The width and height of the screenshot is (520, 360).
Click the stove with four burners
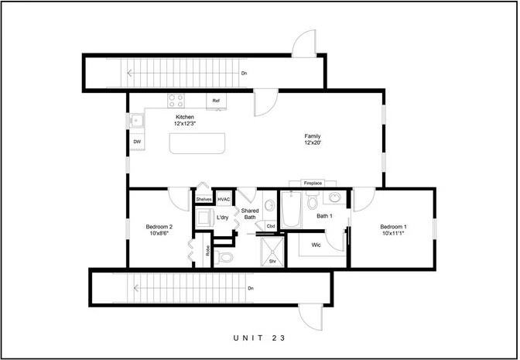point(176,99)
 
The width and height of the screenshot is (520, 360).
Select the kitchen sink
point(136,120)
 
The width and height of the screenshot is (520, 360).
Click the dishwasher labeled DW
point(137,142)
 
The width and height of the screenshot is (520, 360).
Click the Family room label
point(312,140)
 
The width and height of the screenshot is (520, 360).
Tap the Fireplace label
point(313,183)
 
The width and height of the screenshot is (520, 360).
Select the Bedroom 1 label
point(393,231)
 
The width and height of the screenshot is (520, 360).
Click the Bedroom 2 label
point(159,231)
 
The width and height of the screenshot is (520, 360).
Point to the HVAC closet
point(224,199)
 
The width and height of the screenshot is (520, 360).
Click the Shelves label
point(204,199)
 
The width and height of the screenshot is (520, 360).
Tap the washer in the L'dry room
point(204,218)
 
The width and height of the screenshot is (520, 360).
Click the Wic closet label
point(316,245)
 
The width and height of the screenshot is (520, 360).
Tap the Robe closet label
point(207,251)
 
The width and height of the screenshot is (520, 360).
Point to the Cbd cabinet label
point(271,226)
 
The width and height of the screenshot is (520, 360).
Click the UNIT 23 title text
point(259,338)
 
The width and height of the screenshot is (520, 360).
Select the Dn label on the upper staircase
point(245,74)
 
